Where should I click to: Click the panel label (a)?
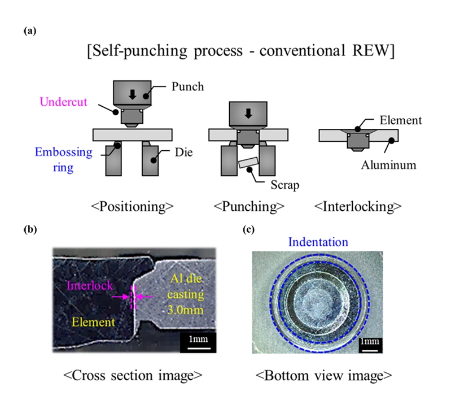pos(30,32)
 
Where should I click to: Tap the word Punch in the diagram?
pos(189,87)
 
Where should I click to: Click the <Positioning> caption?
pos(139,206)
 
